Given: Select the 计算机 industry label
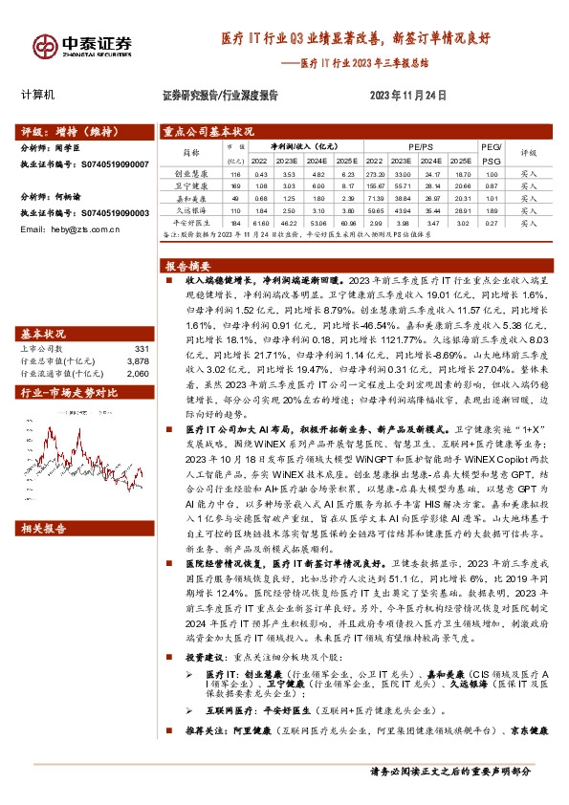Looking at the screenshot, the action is point(38,96).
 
